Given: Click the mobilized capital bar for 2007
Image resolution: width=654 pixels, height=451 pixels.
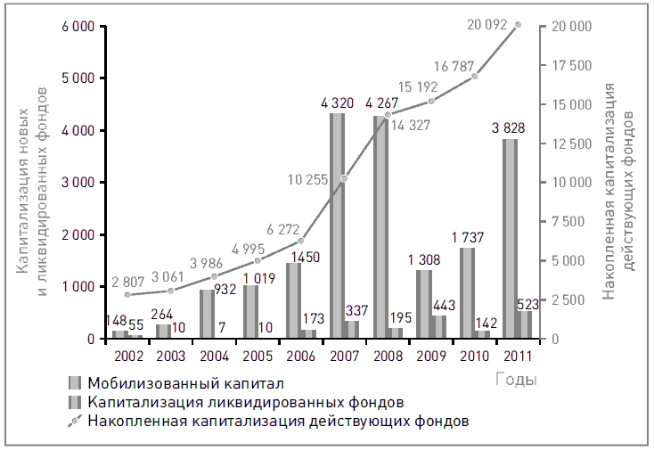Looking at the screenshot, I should pos(337,225).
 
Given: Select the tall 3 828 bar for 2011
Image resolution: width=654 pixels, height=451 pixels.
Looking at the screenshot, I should pos(510,239).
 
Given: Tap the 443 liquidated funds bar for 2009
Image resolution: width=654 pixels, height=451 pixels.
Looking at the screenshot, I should pos(439,327).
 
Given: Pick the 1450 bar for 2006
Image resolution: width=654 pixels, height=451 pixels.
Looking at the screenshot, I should pos(294,300).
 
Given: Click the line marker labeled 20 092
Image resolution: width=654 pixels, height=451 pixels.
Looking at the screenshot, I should pos(519,25).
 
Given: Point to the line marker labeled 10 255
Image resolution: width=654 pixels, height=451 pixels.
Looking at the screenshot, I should pos(345,178).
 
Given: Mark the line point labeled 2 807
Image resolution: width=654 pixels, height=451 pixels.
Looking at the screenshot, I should pos(128,294).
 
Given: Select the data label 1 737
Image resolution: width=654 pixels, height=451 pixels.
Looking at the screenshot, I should pos(467,238).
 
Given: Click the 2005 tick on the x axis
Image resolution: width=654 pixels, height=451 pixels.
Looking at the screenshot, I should pos(258,356).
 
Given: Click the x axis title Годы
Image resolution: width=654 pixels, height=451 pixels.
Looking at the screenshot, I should pos(516,381).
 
